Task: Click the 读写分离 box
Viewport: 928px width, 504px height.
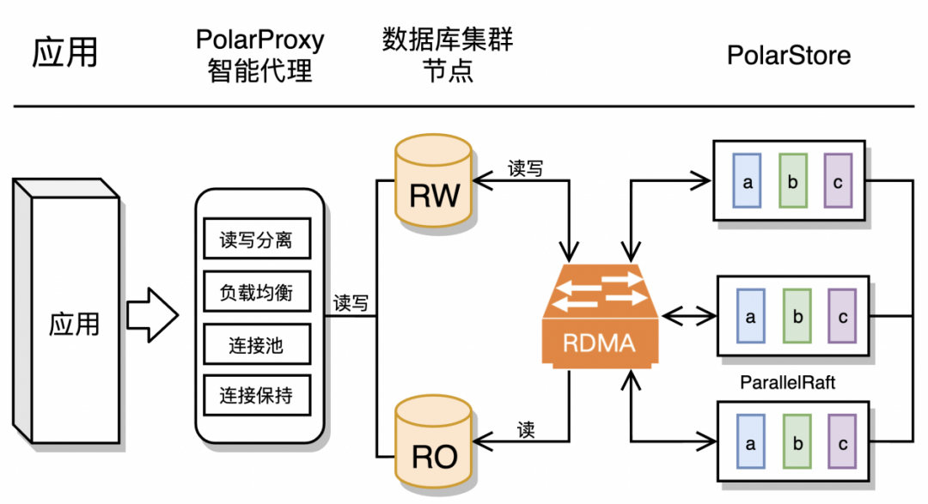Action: coord(255,240)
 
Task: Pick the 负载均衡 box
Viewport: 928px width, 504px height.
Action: coord(255,292)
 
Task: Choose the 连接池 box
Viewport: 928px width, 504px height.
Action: coord(255,345)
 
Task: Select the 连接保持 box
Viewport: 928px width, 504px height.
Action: coord(255,396)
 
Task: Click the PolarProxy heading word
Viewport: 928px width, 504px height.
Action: coord(260,39)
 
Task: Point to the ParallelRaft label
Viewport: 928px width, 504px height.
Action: coord(787,382)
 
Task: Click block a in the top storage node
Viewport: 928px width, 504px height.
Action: coord(748,181)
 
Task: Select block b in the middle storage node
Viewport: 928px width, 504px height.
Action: coord(797,316)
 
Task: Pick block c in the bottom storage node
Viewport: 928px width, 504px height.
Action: coord(843,444)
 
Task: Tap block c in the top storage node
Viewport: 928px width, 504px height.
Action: coord(838,181)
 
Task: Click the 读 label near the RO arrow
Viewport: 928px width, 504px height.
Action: coord(527,429)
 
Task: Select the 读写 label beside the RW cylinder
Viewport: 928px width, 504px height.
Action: coord(525,168)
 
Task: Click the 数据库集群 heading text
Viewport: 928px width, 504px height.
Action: coord(447,39)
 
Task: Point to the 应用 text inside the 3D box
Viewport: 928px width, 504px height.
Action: coord(74,324)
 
